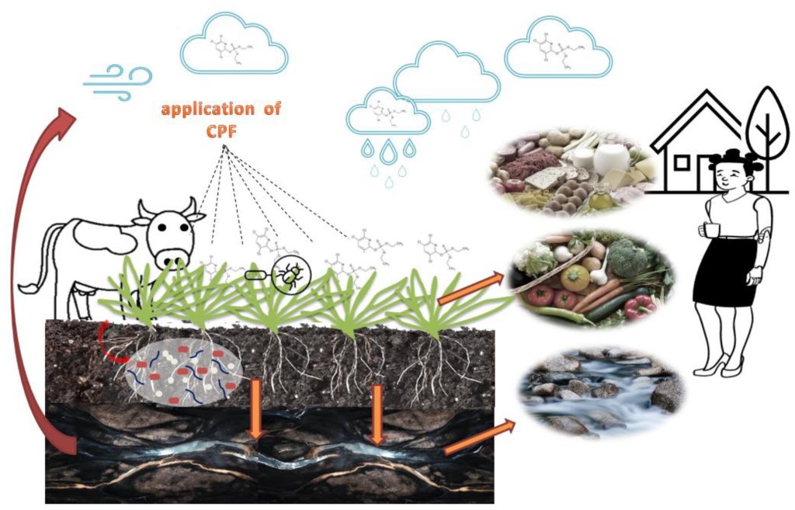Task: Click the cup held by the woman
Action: pyautogui.click(x=707, y=230)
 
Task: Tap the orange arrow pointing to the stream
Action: pyautogui.click(x=477, y=437)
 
